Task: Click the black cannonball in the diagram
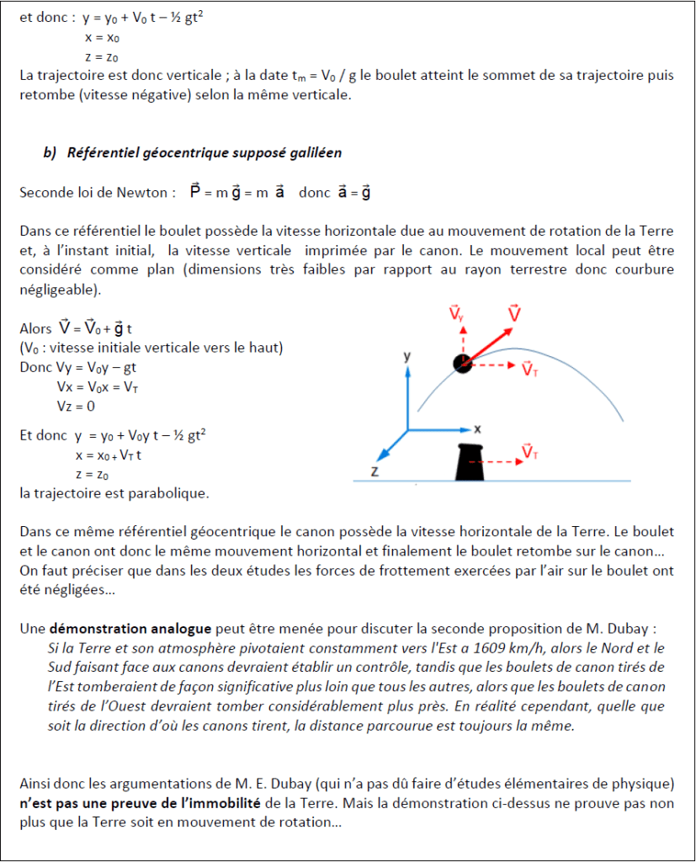[462, 363]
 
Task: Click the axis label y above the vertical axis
[407, 356]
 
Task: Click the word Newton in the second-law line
[143, 192]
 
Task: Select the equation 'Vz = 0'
[76, 406]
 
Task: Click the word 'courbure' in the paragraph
[636, 269]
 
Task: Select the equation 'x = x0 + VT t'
[108, 455]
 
